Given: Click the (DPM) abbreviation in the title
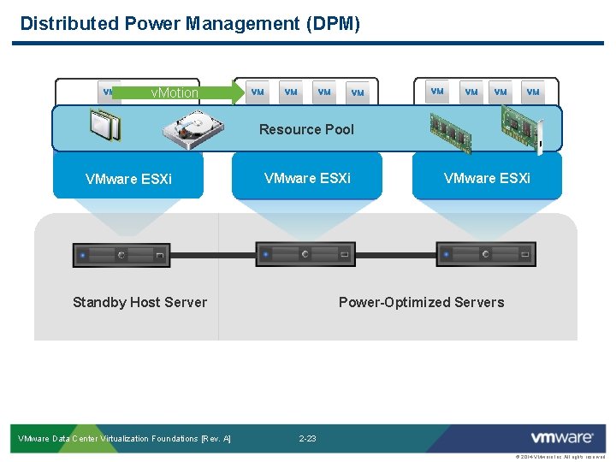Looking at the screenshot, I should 333,23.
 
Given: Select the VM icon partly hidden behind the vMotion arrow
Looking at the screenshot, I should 109,92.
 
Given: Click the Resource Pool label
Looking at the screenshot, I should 306,129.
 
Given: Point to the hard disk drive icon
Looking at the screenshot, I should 192,129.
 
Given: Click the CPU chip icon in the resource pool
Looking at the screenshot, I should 104,126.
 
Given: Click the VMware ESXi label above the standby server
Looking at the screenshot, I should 128,179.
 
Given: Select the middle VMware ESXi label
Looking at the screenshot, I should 307,178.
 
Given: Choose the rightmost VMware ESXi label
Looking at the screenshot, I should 487,178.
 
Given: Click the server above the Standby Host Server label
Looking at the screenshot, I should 121,254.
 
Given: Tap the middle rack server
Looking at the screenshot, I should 304,254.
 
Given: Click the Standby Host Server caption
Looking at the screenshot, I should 139,302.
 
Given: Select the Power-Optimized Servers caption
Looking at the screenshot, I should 421,302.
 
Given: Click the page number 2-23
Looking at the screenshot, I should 307,439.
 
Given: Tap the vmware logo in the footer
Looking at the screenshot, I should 561,438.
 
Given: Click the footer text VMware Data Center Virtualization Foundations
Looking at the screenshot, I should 124,439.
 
